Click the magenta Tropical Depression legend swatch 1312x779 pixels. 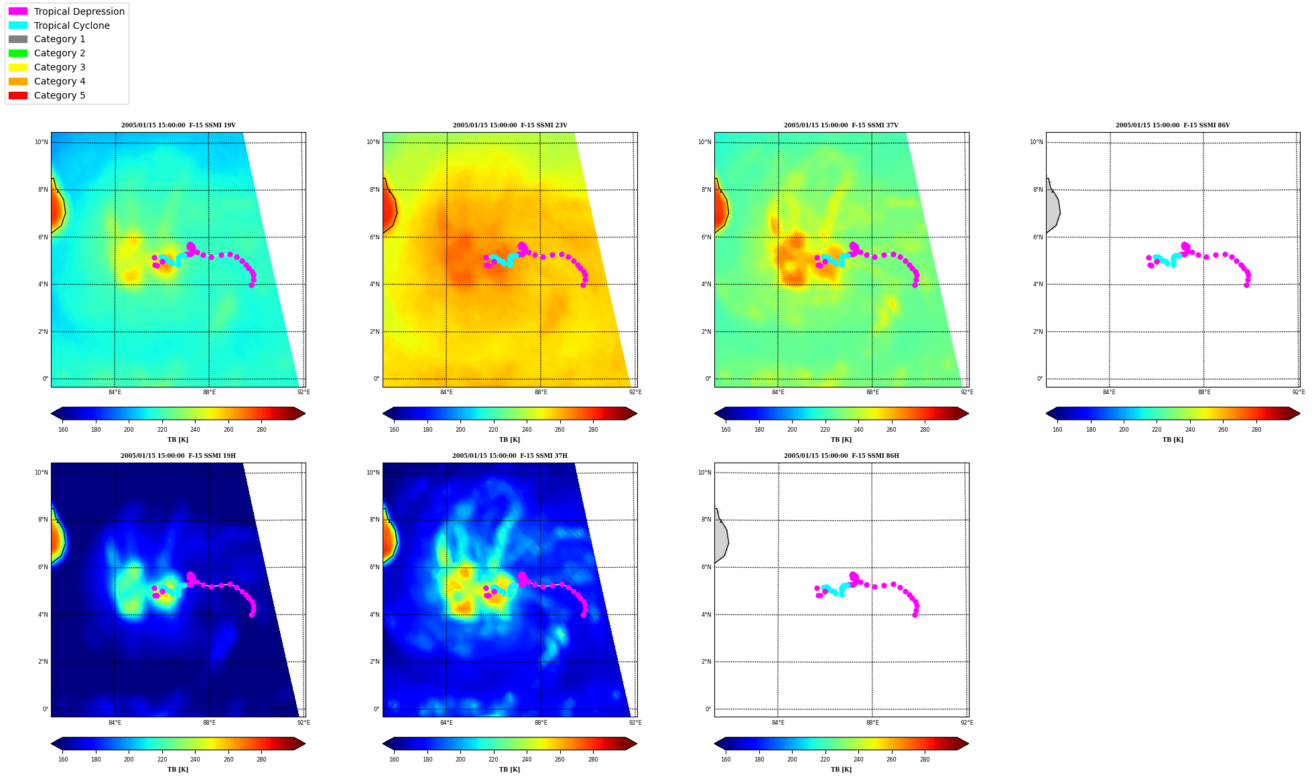[x=18, y=11]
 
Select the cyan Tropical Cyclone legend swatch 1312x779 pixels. [x=18, y=25]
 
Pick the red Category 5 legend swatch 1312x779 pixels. [x=18, y=95]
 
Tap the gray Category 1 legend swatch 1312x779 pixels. [x=18, y=40]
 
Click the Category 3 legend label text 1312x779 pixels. [x=60, y=67]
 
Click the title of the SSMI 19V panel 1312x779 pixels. [x=178, y=125]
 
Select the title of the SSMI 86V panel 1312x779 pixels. [x=1173, y=125]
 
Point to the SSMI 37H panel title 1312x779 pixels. [x=510, y=456]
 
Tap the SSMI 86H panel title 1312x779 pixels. [x=842, y=456]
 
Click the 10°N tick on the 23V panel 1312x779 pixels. [x=373, y=142]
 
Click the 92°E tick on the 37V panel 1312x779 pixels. [x=967, y=392]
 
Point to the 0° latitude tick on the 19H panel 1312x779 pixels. [x=46, y=709]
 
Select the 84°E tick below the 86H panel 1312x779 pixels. [x=778, y=723]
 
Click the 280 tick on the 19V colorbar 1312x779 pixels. [x=261, y=430]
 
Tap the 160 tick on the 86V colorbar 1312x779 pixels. [x=1057, y=430]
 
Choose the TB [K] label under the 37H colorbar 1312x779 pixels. [x=510, y=770]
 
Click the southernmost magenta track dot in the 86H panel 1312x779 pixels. [x=915, y=615]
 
